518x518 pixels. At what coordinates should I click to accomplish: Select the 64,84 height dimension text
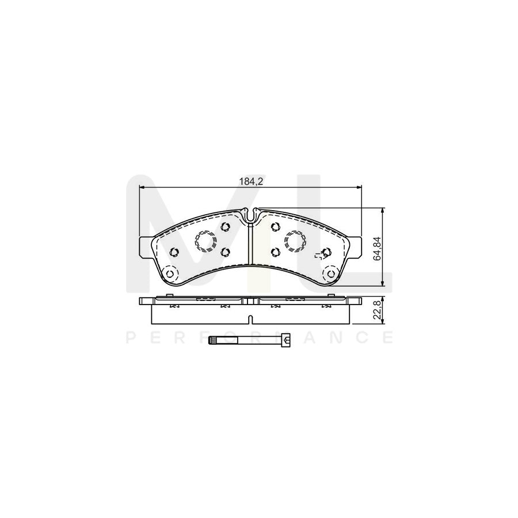(x=378, y=249)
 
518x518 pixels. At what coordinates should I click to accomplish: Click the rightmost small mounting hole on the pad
(x=326, y=252)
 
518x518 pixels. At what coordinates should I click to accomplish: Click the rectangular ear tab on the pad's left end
(x=145, y=245)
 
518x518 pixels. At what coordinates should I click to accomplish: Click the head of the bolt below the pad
(x=286, y=341)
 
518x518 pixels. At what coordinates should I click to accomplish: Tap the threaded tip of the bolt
(x=212, y=341)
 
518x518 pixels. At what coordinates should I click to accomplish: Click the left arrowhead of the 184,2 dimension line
(x=143, y=187)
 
